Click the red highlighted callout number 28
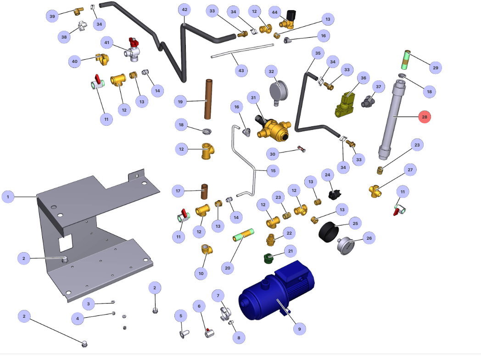click(425, 117)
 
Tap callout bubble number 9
click(299, 328)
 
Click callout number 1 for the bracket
click(8, 197)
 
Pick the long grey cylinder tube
click(393, 119)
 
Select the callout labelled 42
click(185, 10)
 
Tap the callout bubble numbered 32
click(271, 72)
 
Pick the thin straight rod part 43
click(242, 51)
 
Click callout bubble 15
click(273, 171)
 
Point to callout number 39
click(52, 17)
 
